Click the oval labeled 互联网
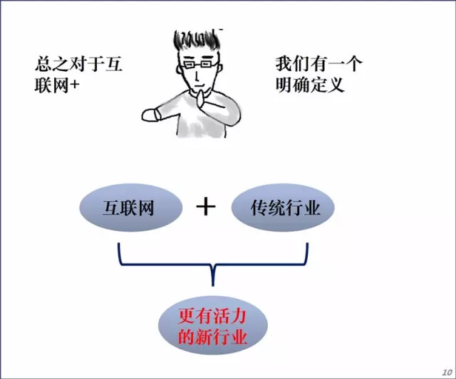[127, 208]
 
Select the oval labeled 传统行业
[281, 208]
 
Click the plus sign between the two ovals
[205, 207]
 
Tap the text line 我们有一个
[319, 64]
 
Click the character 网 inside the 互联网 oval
[145, 208]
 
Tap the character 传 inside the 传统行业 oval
[259, 208]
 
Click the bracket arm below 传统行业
[306, 252]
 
